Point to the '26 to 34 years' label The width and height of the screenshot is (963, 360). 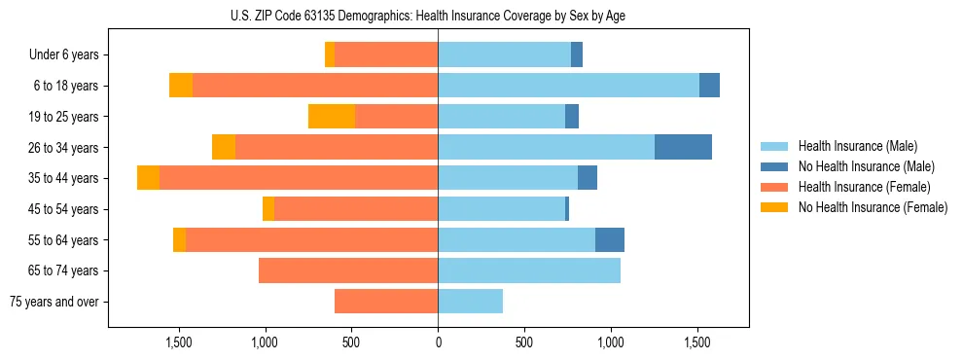(x=64, y=148)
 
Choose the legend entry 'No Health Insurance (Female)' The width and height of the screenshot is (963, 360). (x=873, y=207)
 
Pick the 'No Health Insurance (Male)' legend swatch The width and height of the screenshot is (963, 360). (x=774, y=166)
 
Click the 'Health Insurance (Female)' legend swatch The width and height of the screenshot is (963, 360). (x=774, y=187)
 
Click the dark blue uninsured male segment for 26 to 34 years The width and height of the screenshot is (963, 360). (x=683, y=147)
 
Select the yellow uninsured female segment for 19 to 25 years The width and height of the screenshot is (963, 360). (x=332, y=117)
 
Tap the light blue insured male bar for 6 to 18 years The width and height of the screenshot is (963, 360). (x=568, y=86)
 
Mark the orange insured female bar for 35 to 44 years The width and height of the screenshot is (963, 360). (x=299, y=178)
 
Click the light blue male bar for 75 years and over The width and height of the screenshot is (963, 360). (x=470, y=302)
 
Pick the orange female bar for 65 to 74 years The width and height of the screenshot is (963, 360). (x=348, y=270)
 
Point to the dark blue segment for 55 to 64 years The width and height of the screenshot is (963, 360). (x=610, y=239)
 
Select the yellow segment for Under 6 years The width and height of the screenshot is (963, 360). (x=330, y=55)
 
